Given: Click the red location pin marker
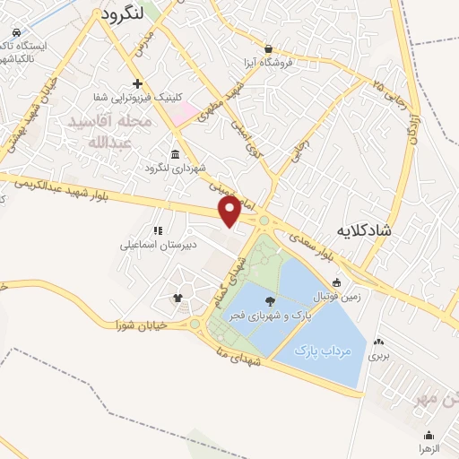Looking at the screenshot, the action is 229,212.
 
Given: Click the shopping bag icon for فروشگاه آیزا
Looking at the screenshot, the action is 268,48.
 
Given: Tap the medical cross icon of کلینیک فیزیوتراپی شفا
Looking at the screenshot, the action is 137,84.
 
